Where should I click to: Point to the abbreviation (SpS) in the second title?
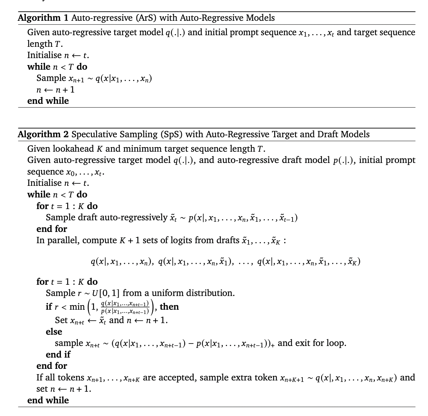(x=171, y=134)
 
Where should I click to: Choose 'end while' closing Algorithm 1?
(x=48, y=101)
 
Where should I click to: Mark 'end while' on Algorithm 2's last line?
(x=48, y=400)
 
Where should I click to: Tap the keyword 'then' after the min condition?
(x=169, y=307)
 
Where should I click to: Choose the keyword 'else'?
(x=54, y=332)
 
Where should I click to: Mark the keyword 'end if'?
(x=58, y=354)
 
